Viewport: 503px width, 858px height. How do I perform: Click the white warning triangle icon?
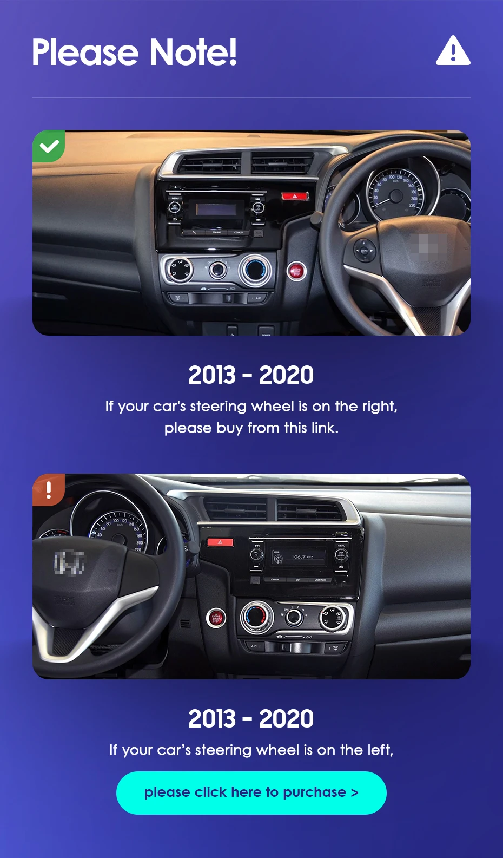point(453,50)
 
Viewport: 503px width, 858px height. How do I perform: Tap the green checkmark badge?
point(49,146)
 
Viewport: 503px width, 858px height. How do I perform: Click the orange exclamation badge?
point(49,490)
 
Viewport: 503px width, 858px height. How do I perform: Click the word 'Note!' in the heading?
point(193,52)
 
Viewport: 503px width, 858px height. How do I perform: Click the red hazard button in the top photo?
point(295,196)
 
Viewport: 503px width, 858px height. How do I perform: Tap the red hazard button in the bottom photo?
point(220,542)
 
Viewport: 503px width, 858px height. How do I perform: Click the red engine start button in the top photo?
point(296,272)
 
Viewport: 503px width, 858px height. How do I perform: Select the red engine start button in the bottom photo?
point(216,618)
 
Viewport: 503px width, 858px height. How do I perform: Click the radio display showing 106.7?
point(299,557)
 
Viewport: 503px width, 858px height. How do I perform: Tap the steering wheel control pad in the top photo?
point(364,251)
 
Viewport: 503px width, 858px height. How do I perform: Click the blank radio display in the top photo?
point(220,209)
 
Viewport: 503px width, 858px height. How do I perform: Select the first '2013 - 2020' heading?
point(251,375)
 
